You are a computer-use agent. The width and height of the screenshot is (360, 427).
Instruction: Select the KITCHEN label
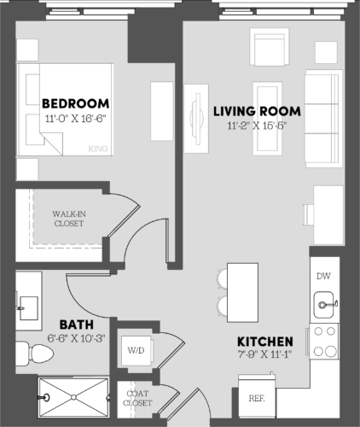point(266,340)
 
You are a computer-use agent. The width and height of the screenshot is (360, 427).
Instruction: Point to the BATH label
point(75,325)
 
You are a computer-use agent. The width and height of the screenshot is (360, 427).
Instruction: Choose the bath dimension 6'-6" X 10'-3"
point(75,338)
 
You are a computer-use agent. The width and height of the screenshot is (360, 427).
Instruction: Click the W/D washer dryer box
point(136,349)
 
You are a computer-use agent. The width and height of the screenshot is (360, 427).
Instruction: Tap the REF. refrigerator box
point(256,398)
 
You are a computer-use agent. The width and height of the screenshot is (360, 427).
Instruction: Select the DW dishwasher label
point(323,277)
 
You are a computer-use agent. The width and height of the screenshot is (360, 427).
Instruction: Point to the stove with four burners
point(324,341)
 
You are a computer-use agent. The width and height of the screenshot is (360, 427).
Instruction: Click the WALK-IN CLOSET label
point(68,218)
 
